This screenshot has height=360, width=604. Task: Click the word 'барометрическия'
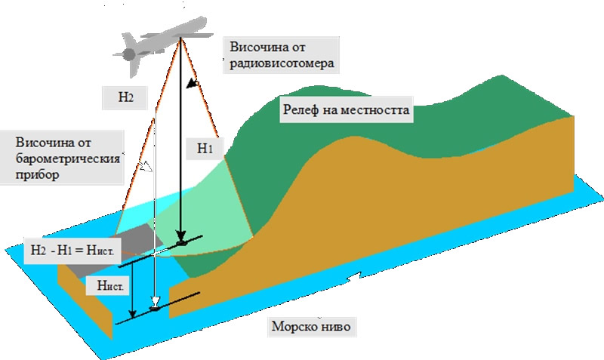(x=68, y=159)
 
